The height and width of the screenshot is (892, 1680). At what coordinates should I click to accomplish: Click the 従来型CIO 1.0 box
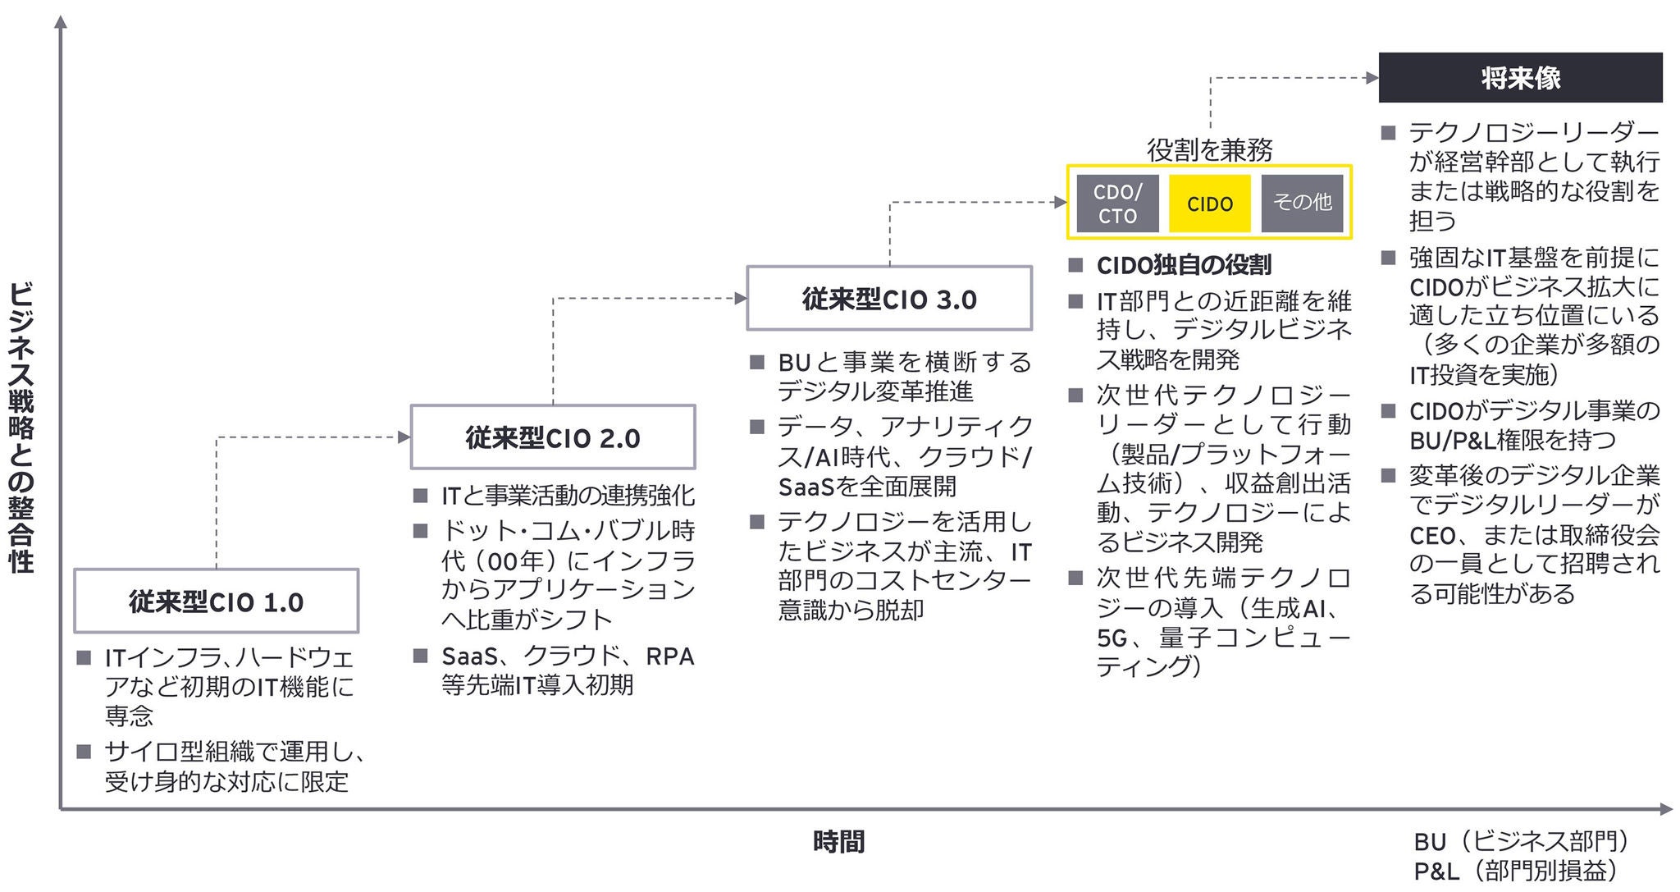pyautogui.click(x=216, y=602)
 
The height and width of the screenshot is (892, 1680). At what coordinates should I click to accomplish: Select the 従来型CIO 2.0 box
pyautogui.click(x=552, y=437)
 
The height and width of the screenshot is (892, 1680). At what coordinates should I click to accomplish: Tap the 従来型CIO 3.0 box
pyautogui.click(x=889, y=299)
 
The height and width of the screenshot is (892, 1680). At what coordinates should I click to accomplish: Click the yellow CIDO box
pyautogui.click(x=1209, y=204)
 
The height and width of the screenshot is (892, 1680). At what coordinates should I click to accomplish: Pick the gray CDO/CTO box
pyautogui.click(x=1117, y=204)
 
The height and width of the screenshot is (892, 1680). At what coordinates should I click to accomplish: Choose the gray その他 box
pyautogui.click(x=1302, y=203)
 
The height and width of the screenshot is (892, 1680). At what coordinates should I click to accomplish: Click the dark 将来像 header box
pyautogui.click(x=1520, y=78)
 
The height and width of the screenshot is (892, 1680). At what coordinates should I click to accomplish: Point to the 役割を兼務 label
pyautogui.click(x=1209, y=149)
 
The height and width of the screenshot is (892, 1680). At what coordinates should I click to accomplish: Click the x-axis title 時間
pyautogui.click(x=838, y=842)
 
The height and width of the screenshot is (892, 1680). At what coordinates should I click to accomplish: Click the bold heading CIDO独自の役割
pyautogui.click(x=1184, y=265)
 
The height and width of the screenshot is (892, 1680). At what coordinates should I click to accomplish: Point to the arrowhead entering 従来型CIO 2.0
pyautogui.click(x=404, y=437)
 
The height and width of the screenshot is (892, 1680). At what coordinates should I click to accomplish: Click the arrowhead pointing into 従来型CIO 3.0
pyautogui.click(x=741, y=299)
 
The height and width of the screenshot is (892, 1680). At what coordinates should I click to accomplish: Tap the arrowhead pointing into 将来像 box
pyautogui.click(x=1372, y=78)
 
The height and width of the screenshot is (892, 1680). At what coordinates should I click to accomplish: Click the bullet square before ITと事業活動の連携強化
pyautogui.click(x=421, y=496)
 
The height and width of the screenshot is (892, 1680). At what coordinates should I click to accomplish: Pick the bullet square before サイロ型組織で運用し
pyautogui.click(x=84, y=752)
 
